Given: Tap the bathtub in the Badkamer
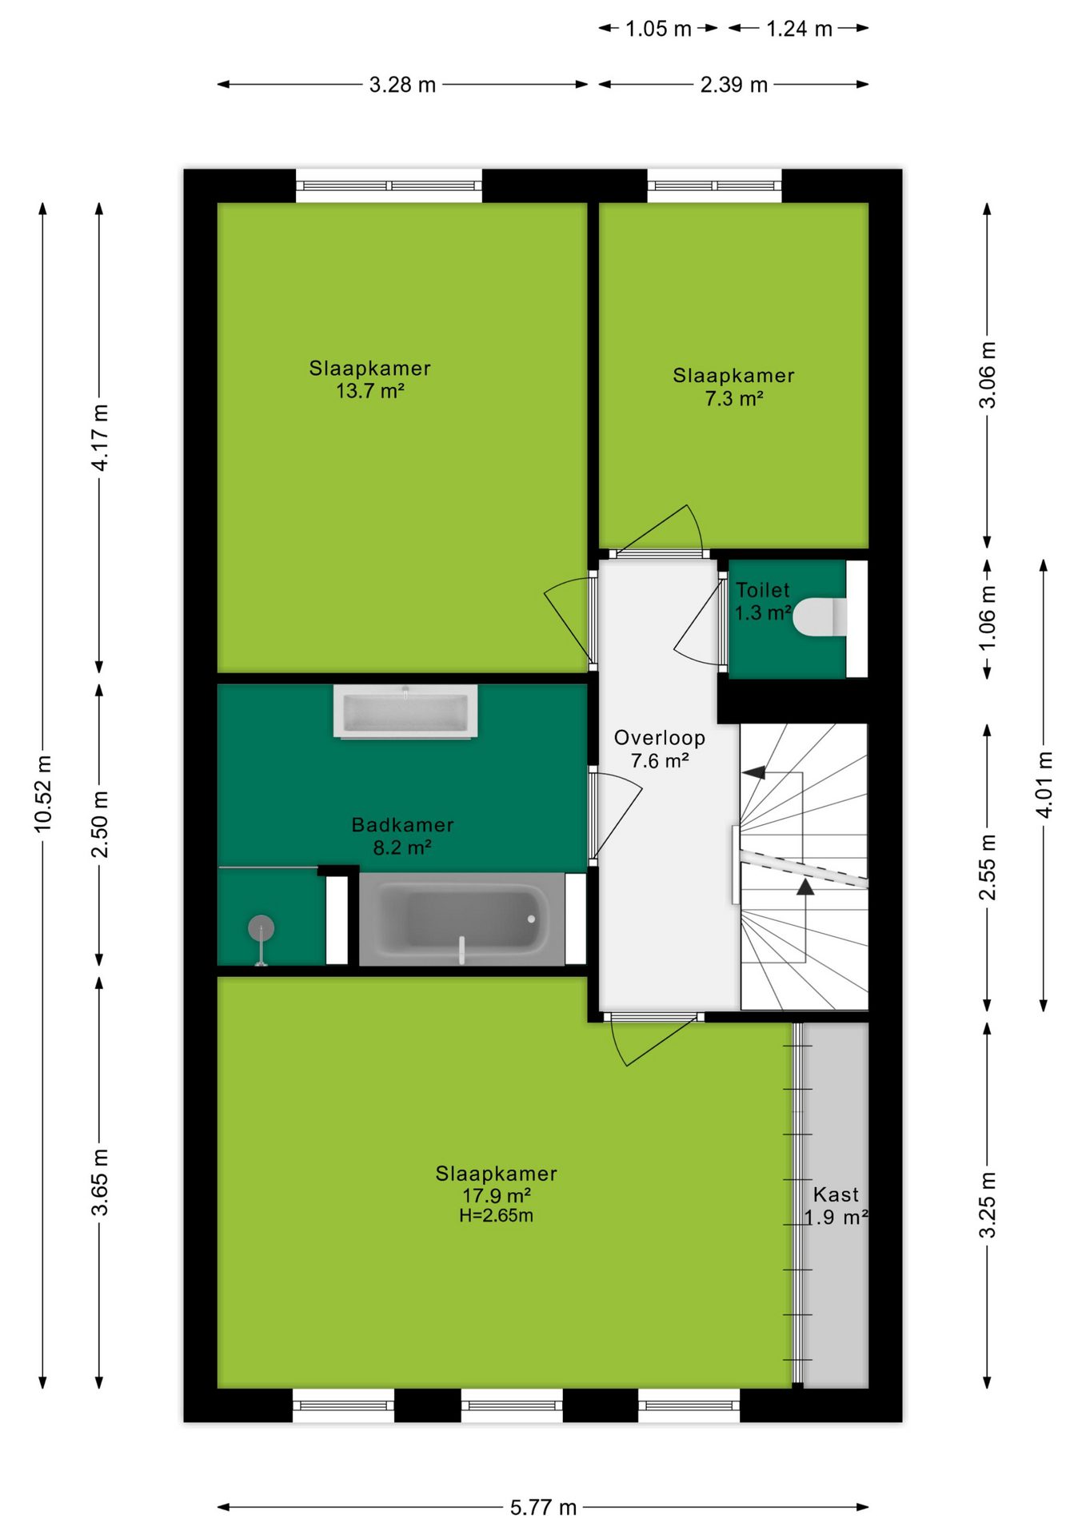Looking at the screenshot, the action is click(461, 919).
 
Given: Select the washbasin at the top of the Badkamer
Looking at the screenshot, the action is click(405, 711).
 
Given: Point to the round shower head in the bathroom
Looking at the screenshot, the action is click(261, 928).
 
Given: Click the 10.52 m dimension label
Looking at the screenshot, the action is click(43, 793).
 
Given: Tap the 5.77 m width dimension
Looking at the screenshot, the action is click(543, 1507).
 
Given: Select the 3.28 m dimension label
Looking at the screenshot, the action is click(402, 85).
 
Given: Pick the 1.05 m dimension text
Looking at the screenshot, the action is click(658, 29).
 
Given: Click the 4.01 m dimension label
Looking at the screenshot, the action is click(1044, 784).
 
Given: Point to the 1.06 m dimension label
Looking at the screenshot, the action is click(988, 617).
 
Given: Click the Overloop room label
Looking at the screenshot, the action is click(660, 738).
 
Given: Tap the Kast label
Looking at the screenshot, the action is click(836, 1194).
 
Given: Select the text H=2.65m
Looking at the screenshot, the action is click(496, 1215).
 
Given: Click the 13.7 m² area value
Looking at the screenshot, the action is click(369, 391).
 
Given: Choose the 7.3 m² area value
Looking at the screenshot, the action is click(733, 398).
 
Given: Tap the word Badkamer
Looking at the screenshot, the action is click(402, 824).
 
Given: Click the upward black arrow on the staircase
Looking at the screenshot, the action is click(805, 886).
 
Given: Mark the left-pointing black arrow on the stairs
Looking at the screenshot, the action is click(753, 772).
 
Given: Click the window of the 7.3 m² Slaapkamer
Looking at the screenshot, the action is click(714, 185).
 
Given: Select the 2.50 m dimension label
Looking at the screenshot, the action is click(99, 824).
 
